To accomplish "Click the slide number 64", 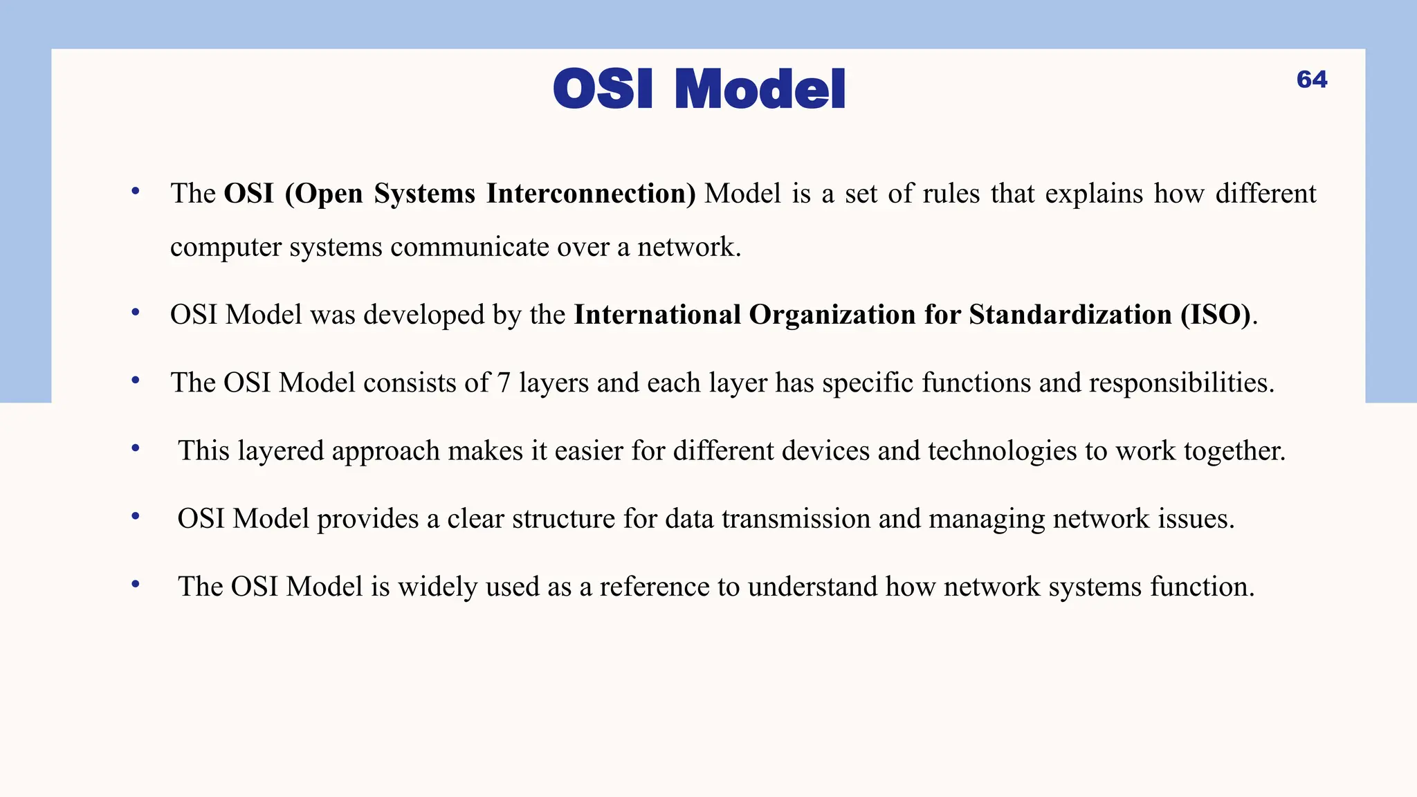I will click(x=1311, y=80).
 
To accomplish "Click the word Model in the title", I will click(x=759, y=90).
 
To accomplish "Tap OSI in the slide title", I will click(x=603, y=90).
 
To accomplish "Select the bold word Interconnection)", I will click(x=591, y=194).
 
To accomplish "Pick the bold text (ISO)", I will click(x=1216, y=315).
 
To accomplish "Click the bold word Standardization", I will click(x=1070, y=315).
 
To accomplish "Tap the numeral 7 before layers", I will click(x=504, y=383).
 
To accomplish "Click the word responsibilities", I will click(x=1181, y=383).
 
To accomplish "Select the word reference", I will click(x=654, y=587).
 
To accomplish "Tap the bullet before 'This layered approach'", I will click(x=136, y=448).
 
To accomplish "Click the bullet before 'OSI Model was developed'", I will click(x=136, y=313).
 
